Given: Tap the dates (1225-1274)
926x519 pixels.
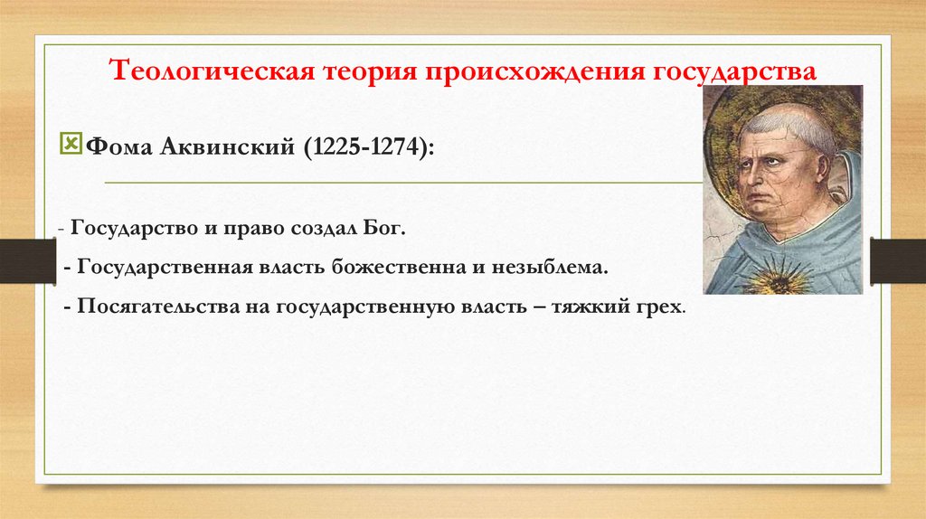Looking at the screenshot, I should (367, 145).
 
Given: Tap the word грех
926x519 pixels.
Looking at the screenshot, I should (663, 307).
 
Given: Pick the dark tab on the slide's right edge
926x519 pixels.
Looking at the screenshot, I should (897, 260).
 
